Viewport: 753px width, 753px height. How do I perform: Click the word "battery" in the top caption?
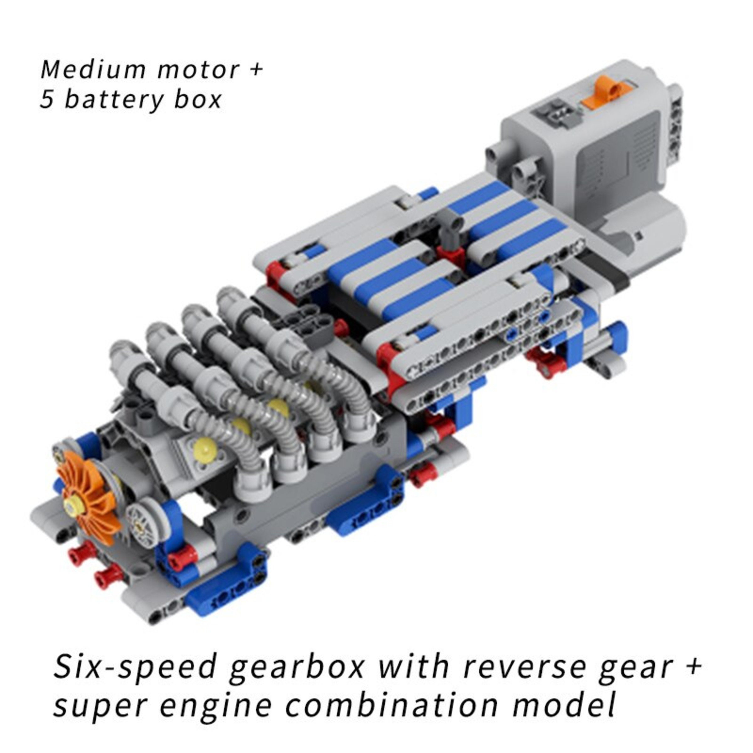tap(113, 100)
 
